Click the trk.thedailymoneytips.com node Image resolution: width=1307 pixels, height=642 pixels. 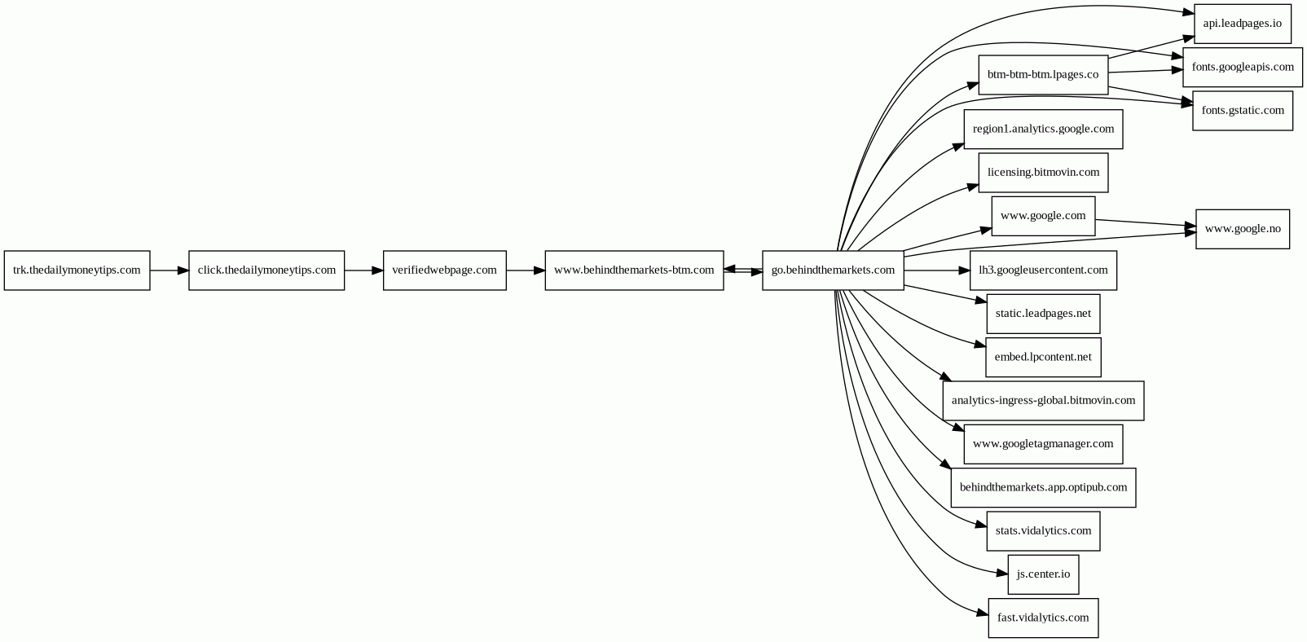(x=77, y=270)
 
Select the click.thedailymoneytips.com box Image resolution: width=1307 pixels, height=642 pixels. (x=266, y=270)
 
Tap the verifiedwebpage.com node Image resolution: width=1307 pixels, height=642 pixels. (x=444, y=270)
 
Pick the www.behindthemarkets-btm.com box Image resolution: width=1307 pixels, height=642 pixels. (x=634, y=270)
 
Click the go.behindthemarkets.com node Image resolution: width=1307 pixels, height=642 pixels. (x=833, y=270)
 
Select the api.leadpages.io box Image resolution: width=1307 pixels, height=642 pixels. (x=1242, y=23)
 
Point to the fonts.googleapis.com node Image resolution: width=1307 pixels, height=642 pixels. (x=1242, y=67)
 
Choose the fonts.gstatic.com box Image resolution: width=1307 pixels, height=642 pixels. (x=1242, y=110)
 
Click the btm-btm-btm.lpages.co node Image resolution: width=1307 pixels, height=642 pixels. (x=1042, y=75)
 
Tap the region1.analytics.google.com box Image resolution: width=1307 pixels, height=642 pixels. (x=1043, y=129)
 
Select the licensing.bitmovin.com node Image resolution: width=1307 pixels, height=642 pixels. (x=1043, y=172)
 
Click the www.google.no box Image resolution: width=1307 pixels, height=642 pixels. (x=1242, y=229)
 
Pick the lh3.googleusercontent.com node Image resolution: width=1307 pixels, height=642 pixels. (x=1043, y=270)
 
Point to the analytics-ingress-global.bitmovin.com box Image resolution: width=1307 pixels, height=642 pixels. (x=1043, y=400)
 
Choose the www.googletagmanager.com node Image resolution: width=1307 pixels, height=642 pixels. (x=1043, y=444)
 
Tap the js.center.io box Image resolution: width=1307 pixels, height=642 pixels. (x=1043, y=574)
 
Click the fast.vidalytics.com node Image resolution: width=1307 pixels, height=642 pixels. (x=1043, y=618)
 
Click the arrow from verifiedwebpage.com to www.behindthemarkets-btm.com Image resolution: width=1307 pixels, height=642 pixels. (x=526, y=270)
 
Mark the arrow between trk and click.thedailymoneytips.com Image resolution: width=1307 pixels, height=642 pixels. (x=169, y=270)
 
